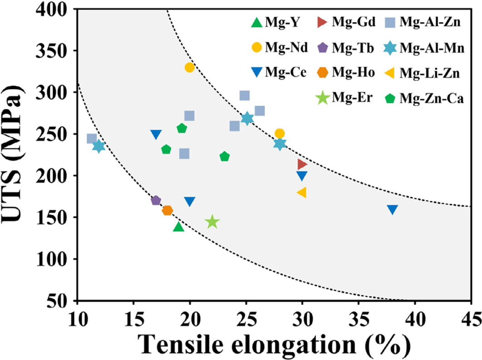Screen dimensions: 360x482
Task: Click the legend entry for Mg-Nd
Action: coord(288,47)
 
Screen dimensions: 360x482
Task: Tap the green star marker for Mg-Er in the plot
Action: coord(212,222)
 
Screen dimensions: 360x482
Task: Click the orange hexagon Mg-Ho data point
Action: coord(167,210)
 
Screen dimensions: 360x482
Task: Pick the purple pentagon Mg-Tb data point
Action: coord(156,200)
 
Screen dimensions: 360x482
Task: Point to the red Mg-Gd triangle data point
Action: coord(302,164)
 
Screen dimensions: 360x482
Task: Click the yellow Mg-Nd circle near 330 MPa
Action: coord(189,67)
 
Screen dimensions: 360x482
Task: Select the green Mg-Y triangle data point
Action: coord(179,226)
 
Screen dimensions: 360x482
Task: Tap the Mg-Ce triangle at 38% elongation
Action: coord(393,210)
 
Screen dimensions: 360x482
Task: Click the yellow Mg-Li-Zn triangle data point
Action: coord(302,193)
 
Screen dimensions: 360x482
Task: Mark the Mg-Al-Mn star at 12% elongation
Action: coord(99,146)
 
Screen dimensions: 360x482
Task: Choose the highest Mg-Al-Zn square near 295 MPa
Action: coord(244,96)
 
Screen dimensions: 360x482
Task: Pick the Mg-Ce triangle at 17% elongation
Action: coord(156,135)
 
